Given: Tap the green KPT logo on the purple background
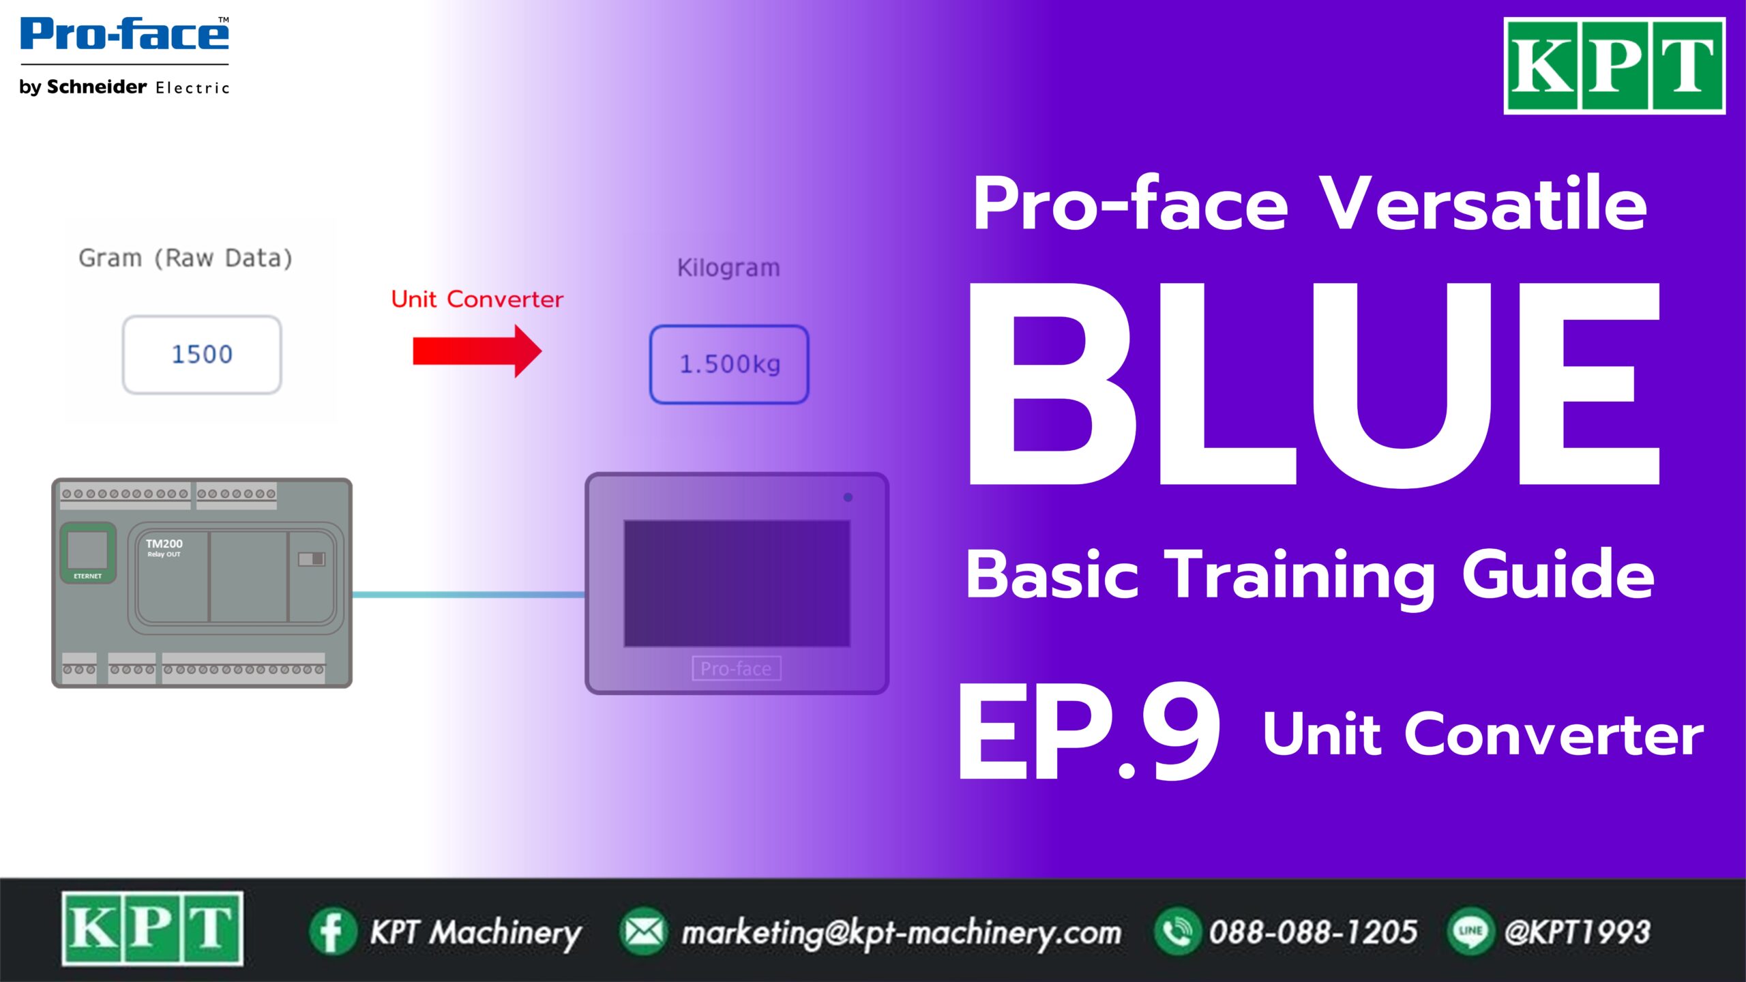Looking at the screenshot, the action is pos(1614,65).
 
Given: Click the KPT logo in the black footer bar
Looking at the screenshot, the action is pos(152,928).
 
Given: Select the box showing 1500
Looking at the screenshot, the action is pos(202,355).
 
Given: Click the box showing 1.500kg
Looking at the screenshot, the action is pos(729,364).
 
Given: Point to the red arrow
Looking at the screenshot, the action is pos(477,351).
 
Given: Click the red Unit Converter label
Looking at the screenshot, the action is pos(477,299).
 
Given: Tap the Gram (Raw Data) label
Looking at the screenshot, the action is pos(186,258).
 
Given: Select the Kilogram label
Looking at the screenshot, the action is pos(728,268).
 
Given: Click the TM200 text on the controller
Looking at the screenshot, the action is pos(164,544).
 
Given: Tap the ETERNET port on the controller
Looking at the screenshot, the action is pos(88,553).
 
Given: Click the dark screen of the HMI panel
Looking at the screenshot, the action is pos(737,584).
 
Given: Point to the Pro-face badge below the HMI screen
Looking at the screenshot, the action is pos(737,668).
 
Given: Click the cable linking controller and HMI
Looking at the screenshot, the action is pos(469,595).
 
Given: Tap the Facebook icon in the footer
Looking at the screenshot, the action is pos(333,932).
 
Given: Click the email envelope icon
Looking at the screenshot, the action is pos(643,932).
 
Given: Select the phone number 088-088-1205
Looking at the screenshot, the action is pos(1314,932).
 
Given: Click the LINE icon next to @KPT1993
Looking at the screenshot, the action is pos(1470,932).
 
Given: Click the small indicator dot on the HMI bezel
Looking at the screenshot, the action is pos(848,497).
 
